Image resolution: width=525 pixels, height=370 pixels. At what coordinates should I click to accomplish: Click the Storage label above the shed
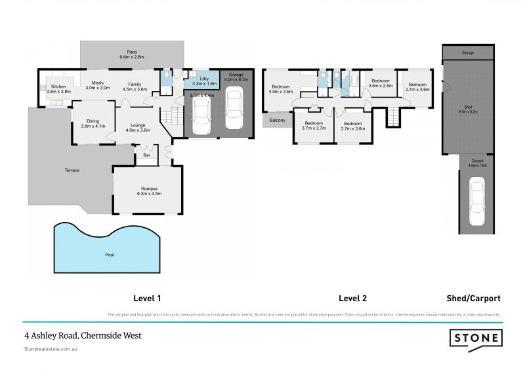467,53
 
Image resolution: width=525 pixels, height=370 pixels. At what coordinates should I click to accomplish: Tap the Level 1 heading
147,298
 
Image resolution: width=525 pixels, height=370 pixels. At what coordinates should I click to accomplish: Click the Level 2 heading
352,298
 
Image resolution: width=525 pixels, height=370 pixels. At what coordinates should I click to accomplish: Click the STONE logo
476,339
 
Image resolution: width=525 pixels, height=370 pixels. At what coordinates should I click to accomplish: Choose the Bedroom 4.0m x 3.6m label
281,89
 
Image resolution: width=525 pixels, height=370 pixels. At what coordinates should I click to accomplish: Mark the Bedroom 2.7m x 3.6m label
418,86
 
